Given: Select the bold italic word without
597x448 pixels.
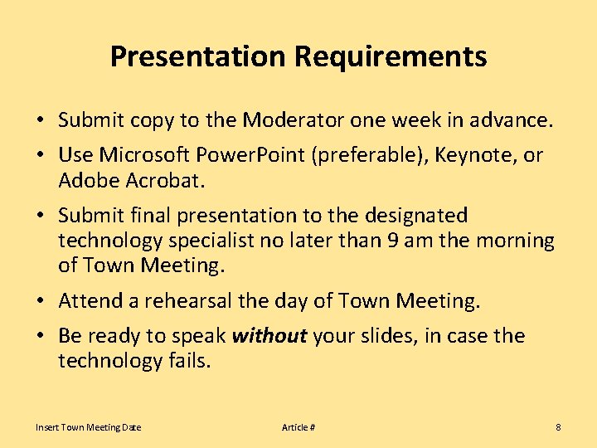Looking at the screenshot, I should tap(269, 336).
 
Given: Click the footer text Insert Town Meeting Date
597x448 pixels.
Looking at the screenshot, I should tap(88, 427).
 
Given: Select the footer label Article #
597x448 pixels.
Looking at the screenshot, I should tap(298, 427).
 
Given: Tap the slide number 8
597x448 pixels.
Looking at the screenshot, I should tap(558, 427).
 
